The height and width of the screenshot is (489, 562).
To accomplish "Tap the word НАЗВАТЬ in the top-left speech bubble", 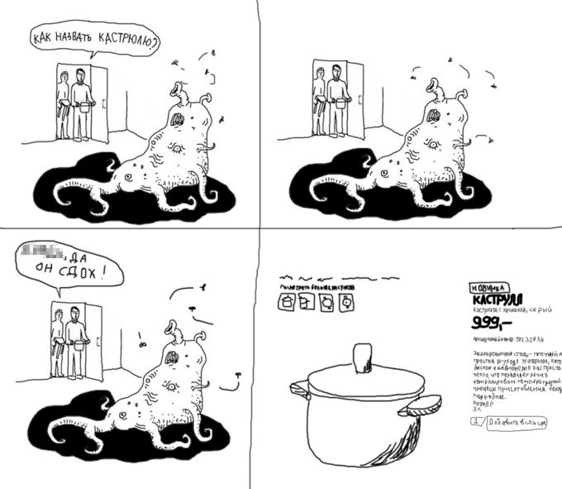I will tap(75, 38).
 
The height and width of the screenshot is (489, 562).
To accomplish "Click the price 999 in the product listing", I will tap(490, 322).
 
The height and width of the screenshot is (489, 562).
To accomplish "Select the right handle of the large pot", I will tap(421, 404).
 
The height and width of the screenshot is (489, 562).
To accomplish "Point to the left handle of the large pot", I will tap(298, 389).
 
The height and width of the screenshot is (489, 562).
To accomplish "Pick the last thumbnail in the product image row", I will tap(346, 303).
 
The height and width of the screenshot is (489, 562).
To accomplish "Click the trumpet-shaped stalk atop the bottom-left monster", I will tap(174, 327).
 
